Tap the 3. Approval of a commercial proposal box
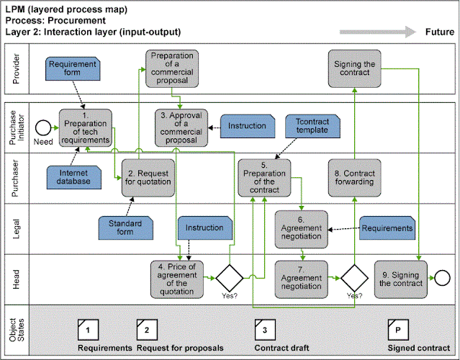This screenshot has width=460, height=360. point(181,126)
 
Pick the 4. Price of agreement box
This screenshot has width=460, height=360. point(176,278)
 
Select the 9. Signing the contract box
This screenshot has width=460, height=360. point(400,277)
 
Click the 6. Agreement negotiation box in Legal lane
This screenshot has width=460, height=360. point(301,228)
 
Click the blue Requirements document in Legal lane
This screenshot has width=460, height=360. point(387,228)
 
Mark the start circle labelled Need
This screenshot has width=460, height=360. point(41,127)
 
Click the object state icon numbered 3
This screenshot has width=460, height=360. point(265,329)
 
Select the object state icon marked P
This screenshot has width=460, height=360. point(397,329)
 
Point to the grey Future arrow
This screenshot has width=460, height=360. point(378,32)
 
